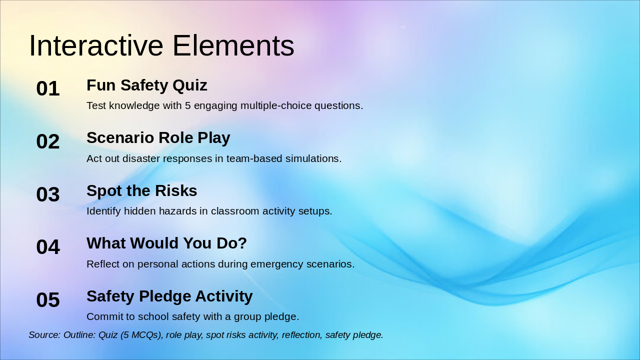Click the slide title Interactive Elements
161,45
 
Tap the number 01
48,88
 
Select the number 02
48,141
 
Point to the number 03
48,194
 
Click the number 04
48,247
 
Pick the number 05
48,299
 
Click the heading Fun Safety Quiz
147,85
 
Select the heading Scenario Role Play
158,138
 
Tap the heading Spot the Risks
141,190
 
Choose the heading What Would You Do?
166,243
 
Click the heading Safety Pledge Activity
169,296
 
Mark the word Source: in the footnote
44,335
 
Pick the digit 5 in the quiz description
187,105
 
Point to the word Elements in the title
233,45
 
